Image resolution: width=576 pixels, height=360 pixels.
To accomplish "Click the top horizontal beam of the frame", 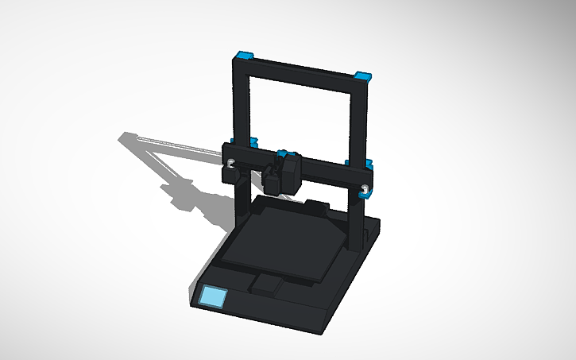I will [302, 71].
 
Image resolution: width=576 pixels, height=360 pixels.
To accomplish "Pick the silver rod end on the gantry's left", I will [231, 164].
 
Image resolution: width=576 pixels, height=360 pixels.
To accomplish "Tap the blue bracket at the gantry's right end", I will [370, 165].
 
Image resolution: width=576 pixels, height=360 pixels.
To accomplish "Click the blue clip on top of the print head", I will [286, 151].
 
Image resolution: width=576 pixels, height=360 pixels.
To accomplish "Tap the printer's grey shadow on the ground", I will [175, 175].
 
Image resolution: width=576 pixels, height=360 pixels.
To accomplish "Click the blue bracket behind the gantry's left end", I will [254, 142].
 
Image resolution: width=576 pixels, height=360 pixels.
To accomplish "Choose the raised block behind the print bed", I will [318, 207].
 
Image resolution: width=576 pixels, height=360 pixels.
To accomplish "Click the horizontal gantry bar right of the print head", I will [326, 170].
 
